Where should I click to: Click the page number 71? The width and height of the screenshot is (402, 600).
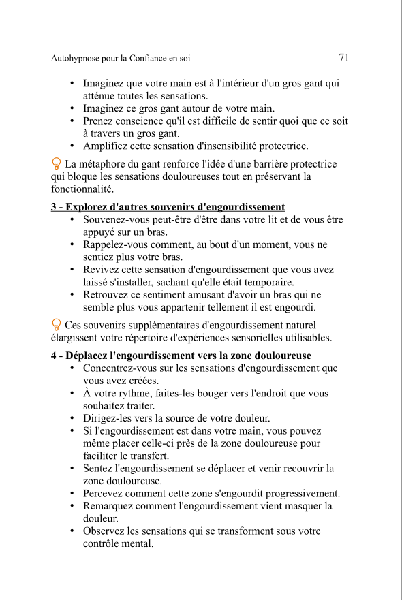(x=344, y=58)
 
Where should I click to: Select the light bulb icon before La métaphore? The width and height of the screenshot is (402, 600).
(x=57, y=164)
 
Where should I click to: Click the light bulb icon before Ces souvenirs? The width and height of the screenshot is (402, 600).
(x=57, y=326)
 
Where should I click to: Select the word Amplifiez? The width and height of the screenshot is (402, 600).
(x=105, y=146)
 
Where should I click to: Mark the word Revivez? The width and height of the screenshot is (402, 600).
(x=100, y=270)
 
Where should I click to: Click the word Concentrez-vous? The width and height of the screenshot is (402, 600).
(x=119, y=368)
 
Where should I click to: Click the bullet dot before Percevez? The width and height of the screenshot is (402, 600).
(x=72, y=494)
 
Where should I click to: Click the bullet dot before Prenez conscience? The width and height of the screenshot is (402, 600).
(x=72, y=121)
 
